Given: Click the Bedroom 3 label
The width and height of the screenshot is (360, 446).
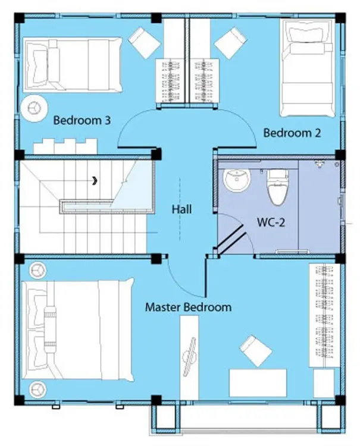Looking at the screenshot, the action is click(82, 120).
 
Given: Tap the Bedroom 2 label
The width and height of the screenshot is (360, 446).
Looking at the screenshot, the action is click(292, 133).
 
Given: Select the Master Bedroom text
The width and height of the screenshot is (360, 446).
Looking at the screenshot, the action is click(188, 307).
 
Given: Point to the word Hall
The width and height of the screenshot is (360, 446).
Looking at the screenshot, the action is click(181, 210).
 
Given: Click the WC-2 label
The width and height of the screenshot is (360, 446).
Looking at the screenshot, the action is click(271, 222).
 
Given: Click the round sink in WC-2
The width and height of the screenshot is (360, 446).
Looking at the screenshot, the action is click(237, 180).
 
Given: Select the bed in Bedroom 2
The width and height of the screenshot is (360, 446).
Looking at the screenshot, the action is click(308, 68).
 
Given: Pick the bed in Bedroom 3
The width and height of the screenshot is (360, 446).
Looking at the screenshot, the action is click(73, 65).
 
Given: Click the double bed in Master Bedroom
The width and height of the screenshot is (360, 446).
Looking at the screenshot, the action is click(78, 330).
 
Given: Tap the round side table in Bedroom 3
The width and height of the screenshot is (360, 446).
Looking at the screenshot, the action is click(34, 108).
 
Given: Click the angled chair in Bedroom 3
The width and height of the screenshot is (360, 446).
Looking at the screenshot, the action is click(144, 43).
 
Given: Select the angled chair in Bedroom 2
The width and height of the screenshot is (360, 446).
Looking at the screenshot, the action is click(230, 43).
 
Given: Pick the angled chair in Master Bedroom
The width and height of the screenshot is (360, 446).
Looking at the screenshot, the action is click(255, 351).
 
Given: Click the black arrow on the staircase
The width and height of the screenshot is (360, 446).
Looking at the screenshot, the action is click(95, 180).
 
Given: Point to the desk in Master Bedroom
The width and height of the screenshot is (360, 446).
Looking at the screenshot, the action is click(258, 383).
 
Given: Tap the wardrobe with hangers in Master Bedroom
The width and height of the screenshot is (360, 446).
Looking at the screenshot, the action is click(324, 315).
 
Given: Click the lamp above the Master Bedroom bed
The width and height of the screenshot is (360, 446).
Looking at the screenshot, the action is click(37, 270).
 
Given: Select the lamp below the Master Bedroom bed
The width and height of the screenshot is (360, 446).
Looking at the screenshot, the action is click(37, 389).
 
